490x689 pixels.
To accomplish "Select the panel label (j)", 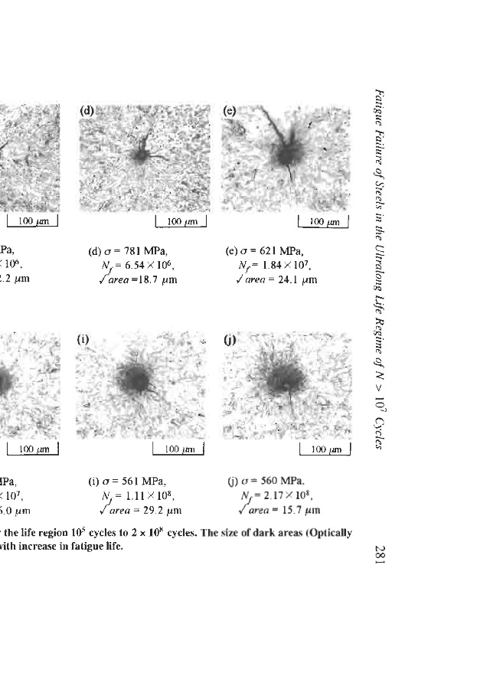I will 228,338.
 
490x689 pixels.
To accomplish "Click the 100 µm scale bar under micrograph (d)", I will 181,223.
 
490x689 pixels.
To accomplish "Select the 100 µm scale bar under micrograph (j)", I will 324,449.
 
